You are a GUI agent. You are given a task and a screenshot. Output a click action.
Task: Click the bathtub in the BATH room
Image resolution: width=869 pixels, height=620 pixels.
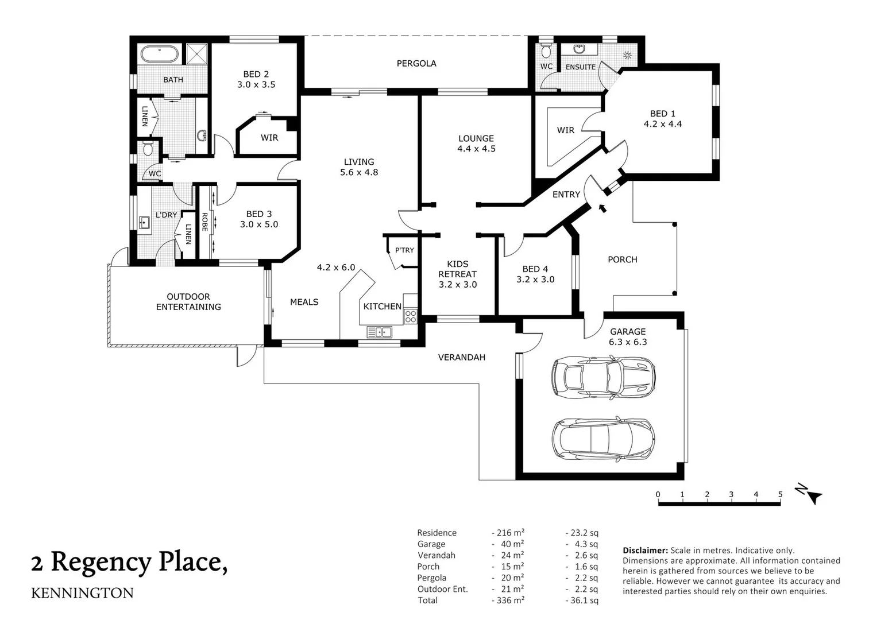point(160,55)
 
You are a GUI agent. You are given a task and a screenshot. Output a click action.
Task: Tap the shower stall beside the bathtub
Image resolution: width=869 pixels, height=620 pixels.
point(196,54)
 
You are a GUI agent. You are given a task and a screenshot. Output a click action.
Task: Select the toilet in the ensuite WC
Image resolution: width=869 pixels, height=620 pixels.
point(546,49)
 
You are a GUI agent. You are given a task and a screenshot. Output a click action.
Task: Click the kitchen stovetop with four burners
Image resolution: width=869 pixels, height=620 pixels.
point(411,316)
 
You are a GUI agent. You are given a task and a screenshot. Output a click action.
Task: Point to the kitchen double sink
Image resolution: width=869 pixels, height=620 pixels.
point(379,332)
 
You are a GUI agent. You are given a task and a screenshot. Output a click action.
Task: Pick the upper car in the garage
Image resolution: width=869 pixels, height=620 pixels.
point(604,377)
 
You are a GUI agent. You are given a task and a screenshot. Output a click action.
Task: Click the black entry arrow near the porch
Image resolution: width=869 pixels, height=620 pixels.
point(602,208)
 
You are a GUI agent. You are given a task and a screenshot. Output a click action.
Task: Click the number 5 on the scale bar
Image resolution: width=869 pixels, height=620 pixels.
point(780,494)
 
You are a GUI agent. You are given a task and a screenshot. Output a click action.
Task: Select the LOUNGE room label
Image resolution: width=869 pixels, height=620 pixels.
point(476,138)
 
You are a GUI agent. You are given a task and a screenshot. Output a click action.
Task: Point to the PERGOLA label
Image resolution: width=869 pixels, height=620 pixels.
point(416,63)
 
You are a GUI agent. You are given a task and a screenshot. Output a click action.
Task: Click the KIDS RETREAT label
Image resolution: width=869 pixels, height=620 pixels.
point(458,269)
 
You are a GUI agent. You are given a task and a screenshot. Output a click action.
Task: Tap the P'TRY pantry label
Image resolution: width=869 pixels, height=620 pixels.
point(404,250)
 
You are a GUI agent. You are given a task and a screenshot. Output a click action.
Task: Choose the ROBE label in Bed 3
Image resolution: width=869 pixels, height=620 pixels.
point(204,222)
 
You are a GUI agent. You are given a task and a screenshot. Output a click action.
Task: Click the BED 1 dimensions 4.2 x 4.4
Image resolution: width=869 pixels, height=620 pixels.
point(663,124)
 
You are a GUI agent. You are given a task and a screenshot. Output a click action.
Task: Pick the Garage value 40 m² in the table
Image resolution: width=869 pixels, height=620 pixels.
point(512,544)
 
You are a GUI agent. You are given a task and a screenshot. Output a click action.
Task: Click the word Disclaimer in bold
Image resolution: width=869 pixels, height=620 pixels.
point(645,550)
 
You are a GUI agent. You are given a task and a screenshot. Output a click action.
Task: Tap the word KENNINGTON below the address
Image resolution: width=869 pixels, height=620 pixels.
point(82,593)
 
